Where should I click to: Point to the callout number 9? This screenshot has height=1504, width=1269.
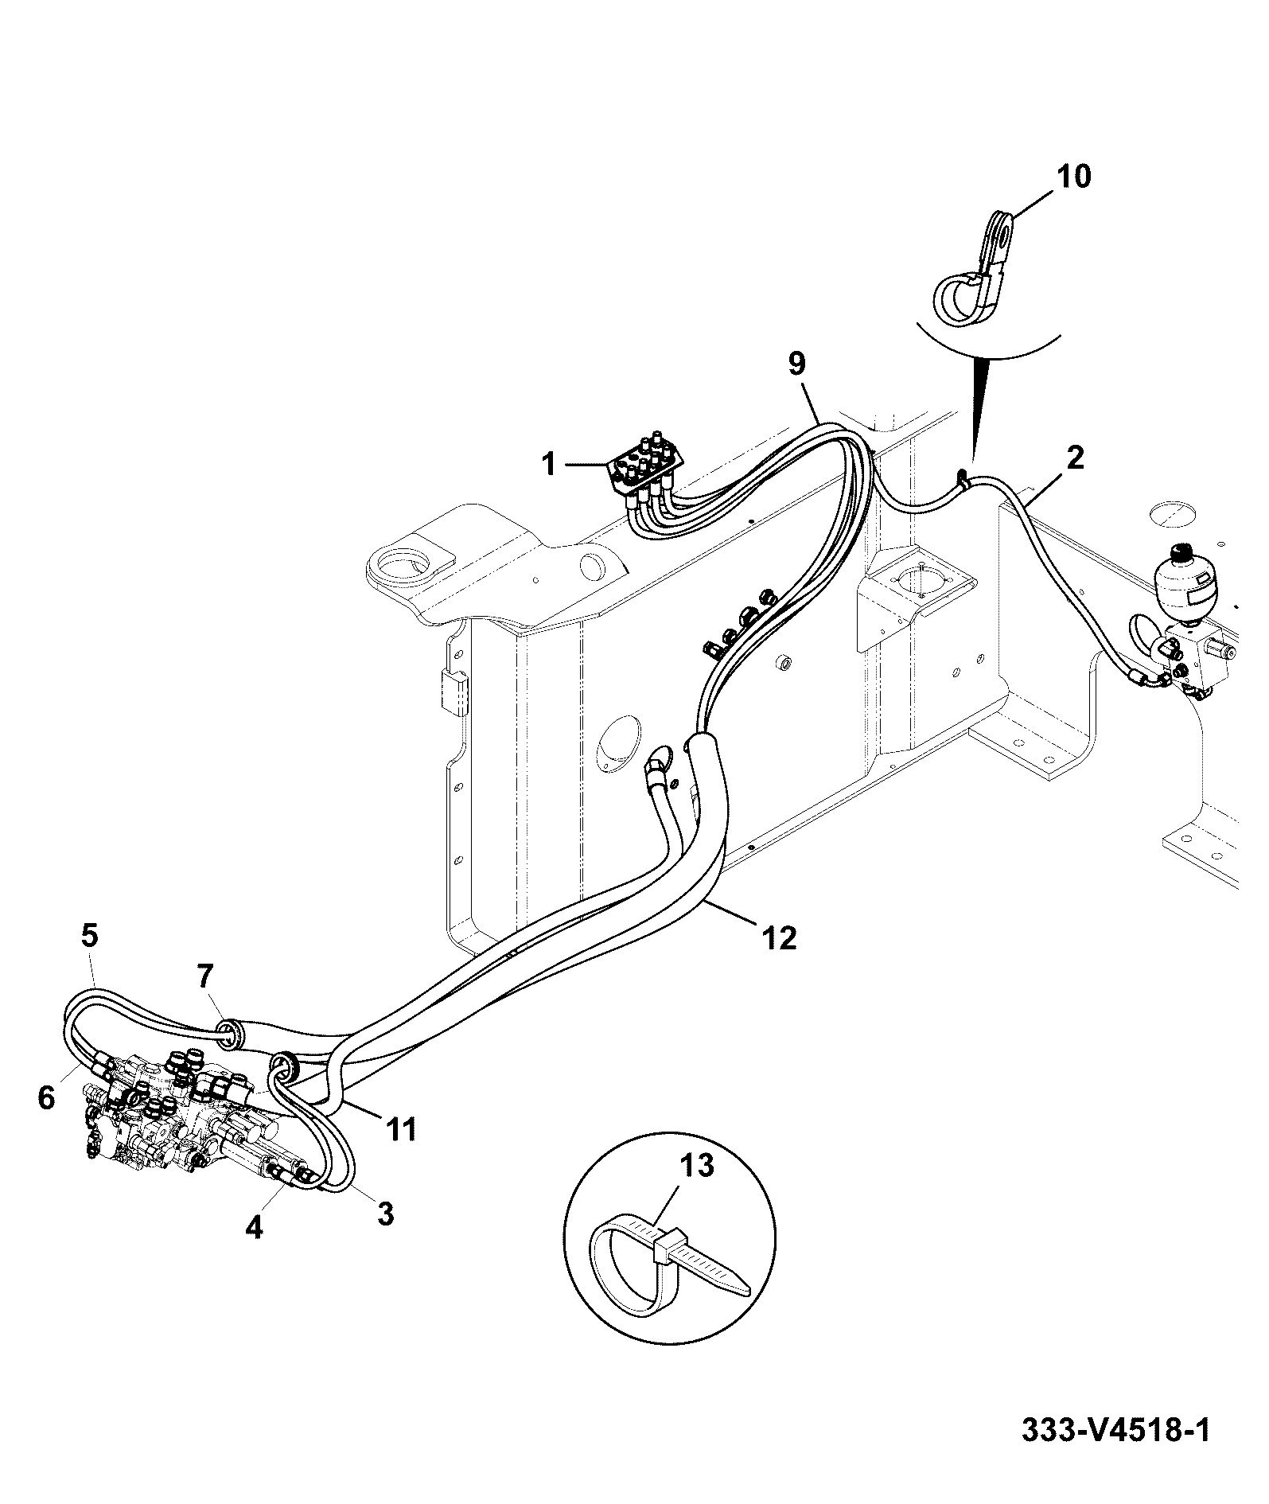[796, 364]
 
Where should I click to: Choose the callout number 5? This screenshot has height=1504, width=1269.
[89, 936]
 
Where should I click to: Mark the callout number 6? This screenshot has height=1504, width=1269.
[46, 1099]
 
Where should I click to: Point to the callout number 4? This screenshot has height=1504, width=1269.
[253, 1249]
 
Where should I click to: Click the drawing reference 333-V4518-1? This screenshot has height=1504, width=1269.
[1115, 1431]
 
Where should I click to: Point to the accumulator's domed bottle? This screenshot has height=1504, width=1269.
[1184, 579]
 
